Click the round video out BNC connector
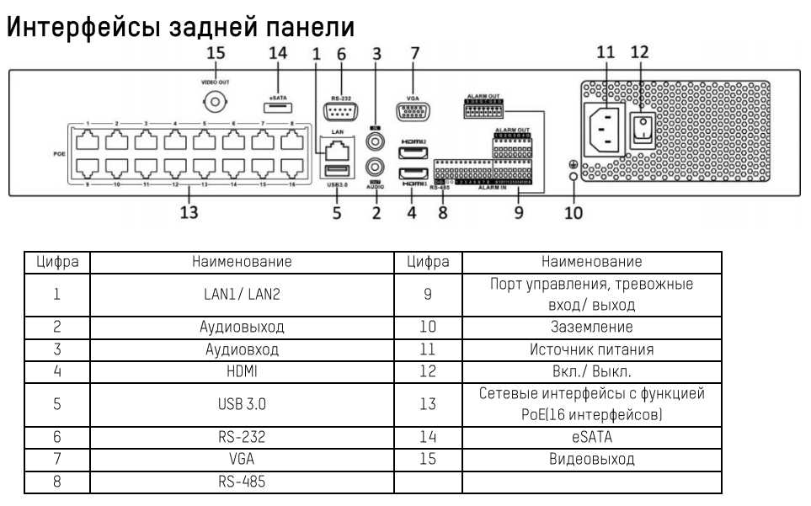[x=216, y=104]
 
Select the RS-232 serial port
[x=340, y=112]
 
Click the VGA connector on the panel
[x=414, y=112]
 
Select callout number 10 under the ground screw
[x=573, y=212]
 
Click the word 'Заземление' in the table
[x=590, y=327]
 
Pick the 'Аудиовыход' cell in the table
[x=242, y=327]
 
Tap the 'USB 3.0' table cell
[x=242, y=403]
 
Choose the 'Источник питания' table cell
[x=590, y=349]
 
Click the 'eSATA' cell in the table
[x=590, y=437]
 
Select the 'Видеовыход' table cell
[x=590, y=459]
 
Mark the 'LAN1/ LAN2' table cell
[x=242, y=295]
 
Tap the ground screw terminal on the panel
[x=573, y=175]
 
